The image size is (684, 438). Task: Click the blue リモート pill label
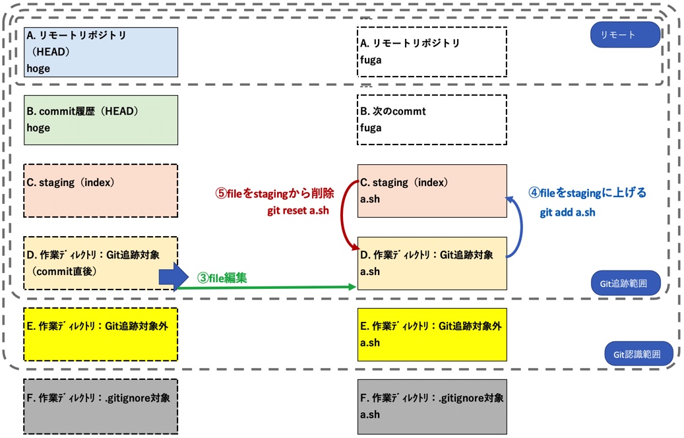625,35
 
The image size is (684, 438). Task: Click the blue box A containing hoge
102,52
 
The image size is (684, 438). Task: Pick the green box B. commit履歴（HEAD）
102,120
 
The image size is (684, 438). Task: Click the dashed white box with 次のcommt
431,120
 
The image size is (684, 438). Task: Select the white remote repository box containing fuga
431,52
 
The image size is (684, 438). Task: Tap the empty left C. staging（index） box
102,191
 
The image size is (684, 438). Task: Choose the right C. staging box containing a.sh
431,191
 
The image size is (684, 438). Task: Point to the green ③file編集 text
222,278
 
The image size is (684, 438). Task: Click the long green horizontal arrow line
277,287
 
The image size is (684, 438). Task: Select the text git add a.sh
567,212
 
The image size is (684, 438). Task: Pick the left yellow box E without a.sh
102,334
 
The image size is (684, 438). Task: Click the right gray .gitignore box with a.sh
431,406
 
